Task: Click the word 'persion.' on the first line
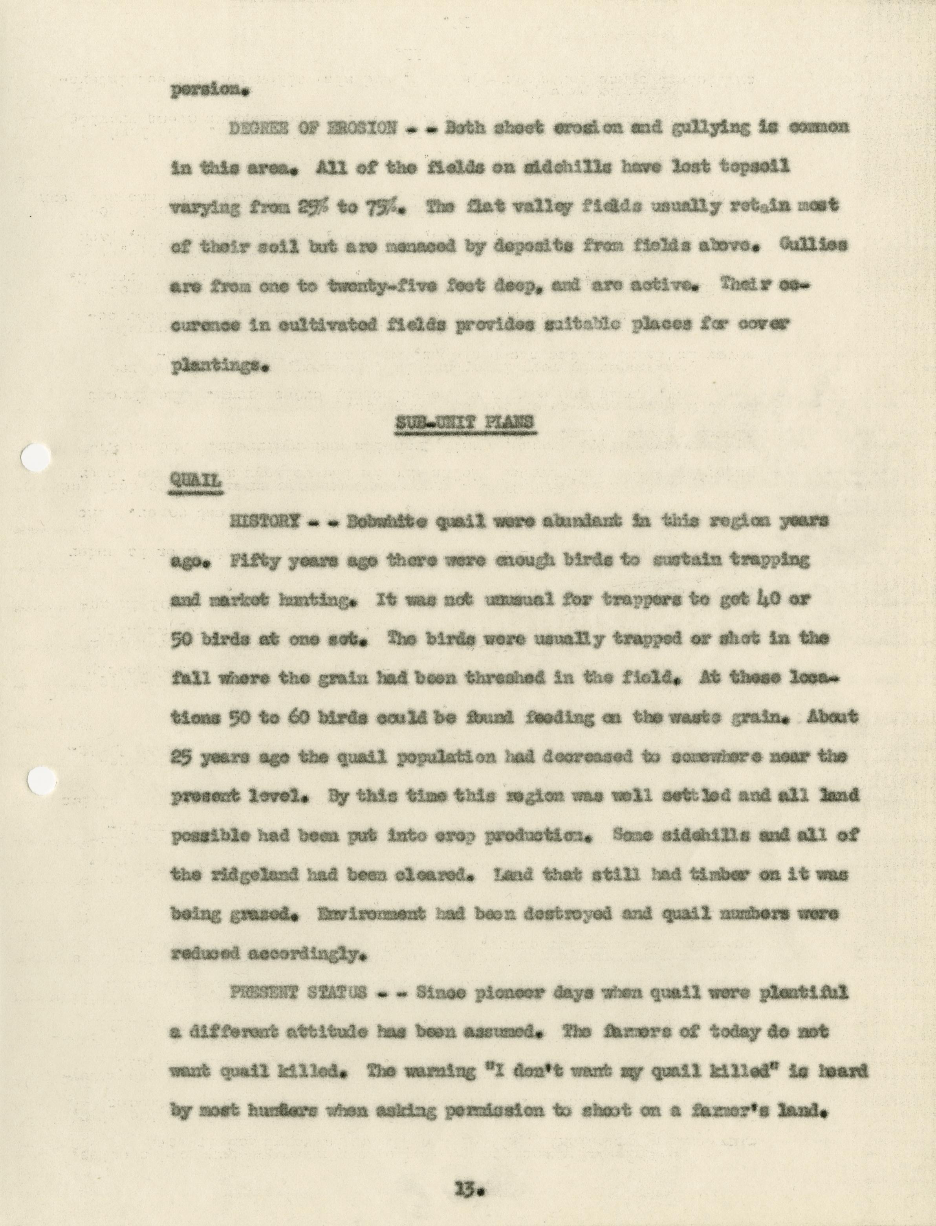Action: [209, 90]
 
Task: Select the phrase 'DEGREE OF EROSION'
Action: [313, 128]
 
